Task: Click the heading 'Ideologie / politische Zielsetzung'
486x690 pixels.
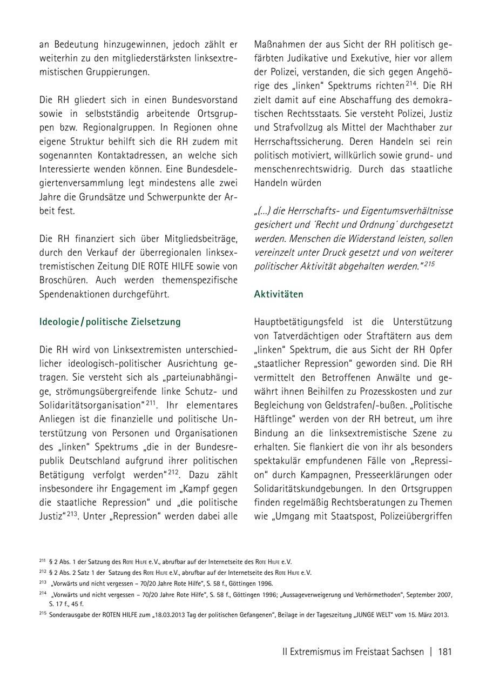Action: pos(110,322)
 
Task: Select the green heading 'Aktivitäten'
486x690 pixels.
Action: pos(279,294)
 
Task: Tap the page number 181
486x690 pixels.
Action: pos(445,652)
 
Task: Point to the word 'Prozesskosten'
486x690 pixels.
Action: pos(395,391)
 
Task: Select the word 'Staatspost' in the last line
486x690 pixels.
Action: pos(354,516)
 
